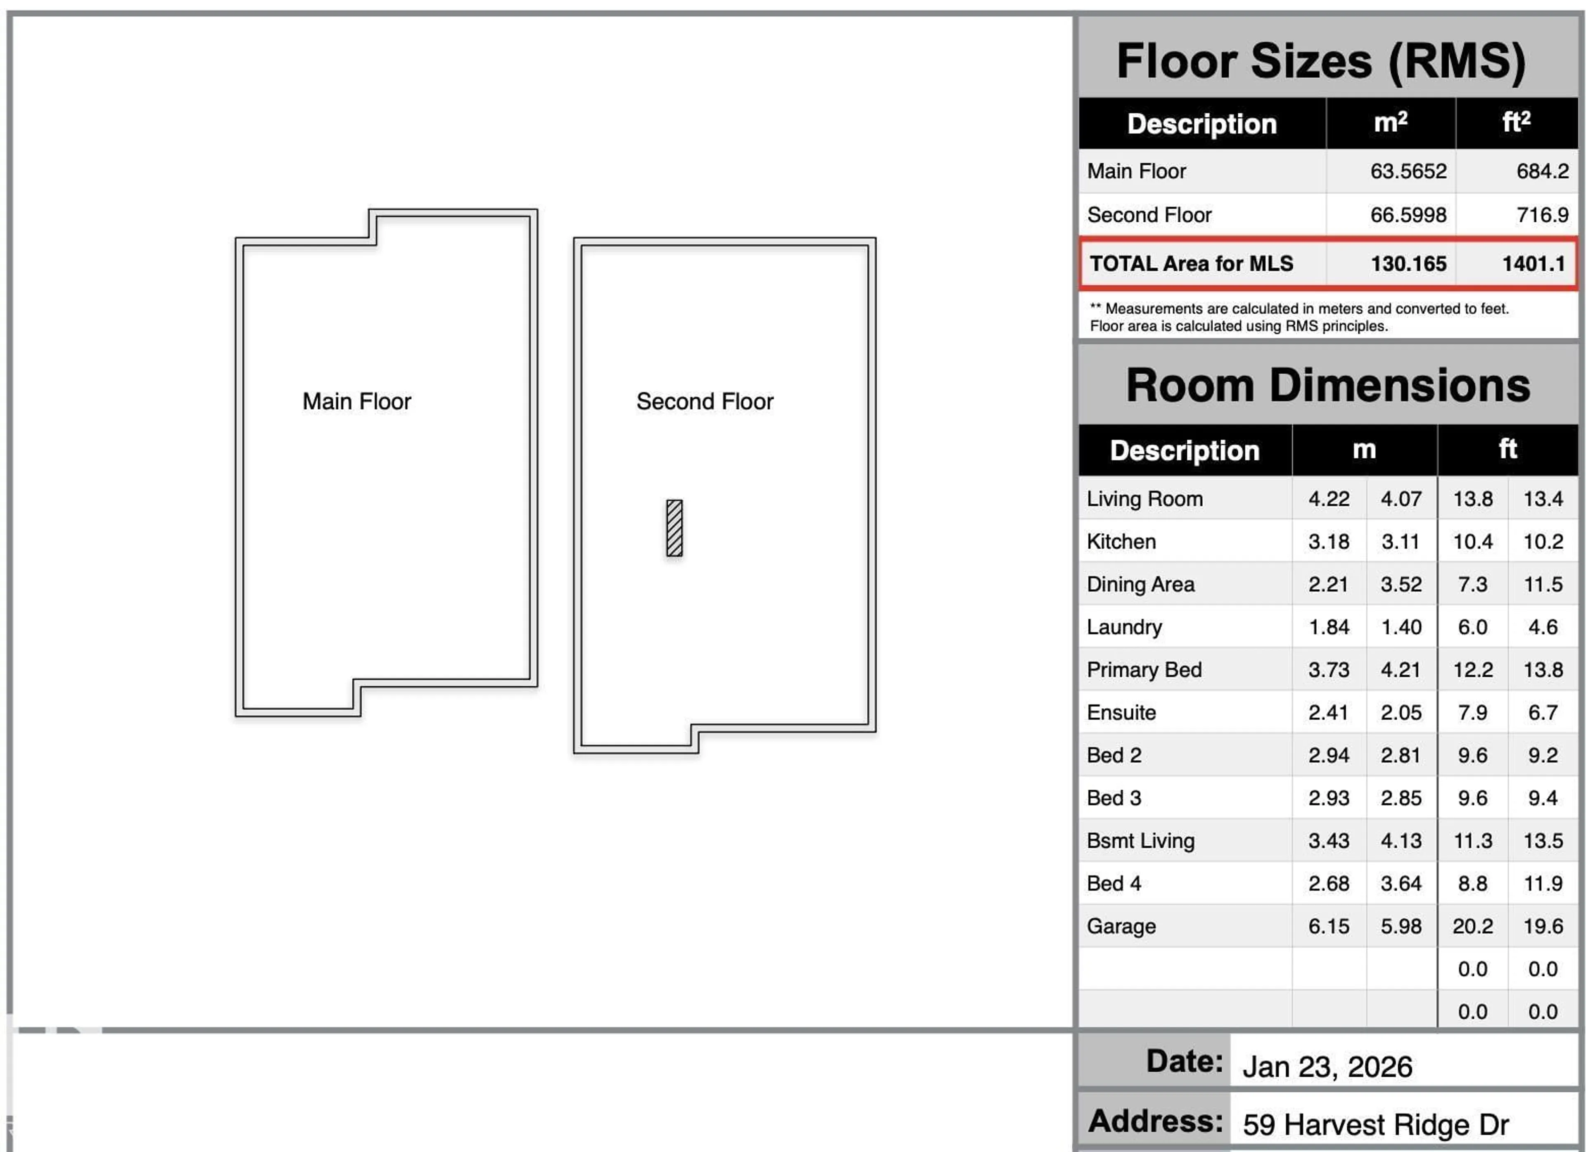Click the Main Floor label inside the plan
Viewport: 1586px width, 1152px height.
click(356, 401)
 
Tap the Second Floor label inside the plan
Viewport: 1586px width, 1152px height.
click(704, 401)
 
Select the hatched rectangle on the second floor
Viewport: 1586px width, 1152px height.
click(674, 528)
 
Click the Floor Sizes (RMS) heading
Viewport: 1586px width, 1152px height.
click(1320, 62)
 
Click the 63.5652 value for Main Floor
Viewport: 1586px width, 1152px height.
click(1408, 171)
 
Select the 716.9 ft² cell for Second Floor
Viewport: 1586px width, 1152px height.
click(1542, 215)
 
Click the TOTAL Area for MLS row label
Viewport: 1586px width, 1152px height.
click(1191, 263)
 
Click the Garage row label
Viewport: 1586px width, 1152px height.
click(1121, 926)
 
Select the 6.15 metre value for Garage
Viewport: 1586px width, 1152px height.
click(1329, 926)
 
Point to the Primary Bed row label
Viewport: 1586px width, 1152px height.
click(1144, 670)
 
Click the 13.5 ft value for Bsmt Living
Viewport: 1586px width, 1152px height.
click(1543, 840)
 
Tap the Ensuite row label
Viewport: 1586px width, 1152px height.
click(1121, 712)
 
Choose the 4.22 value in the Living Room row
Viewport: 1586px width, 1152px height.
click(1329, 498)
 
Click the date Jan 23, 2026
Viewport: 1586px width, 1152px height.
click(1327, 1067)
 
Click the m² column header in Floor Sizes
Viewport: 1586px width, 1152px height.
click(1390, 123)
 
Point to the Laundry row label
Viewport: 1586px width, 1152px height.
click(1124, 627)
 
